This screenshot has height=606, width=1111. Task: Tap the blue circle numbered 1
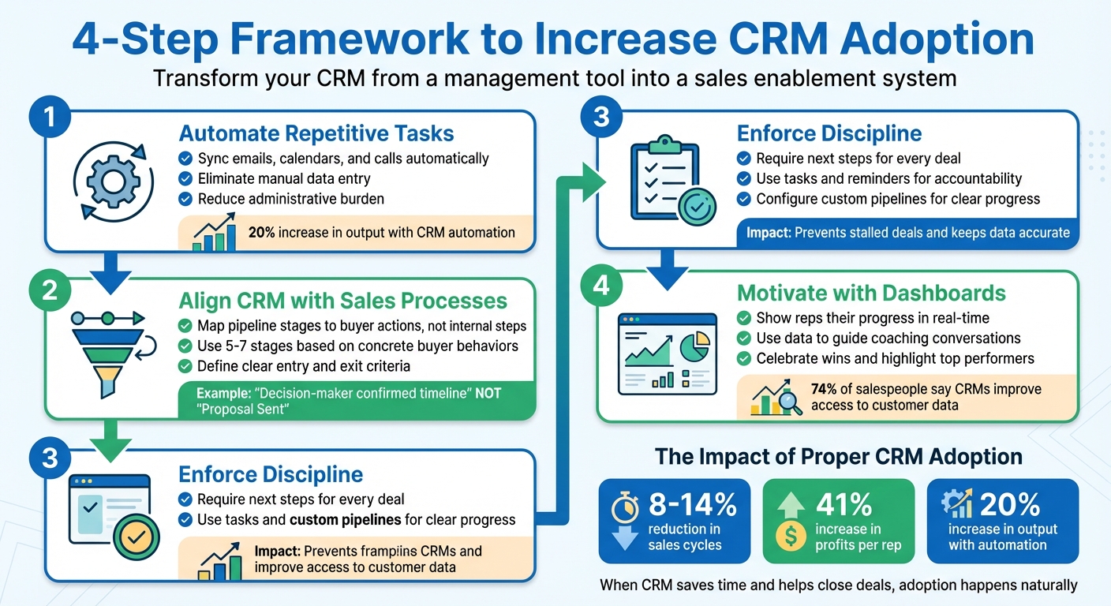click(50, 118)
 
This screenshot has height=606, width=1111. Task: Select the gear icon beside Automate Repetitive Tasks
click(111, 182)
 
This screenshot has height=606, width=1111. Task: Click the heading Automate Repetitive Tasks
click(316, 133)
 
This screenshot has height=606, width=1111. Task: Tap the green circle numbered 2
click(50, 290)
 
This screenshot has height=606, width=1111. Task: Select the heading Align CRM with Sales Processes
click(342, 301)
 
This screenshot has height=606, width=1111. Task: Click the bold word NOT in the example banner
click(488, 393)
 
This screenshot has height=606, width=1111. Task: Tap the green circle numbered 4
click(602, 285)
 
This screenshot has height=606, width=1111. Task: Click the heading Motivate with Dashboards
click(871, 294)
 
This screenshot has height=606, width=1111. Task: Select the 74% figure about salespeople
click(826, 389)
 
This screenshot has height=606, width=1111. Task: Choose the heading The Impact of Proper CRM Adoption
click(839, 456)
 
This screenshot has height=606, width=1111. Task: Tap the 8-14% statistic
click(692, 504)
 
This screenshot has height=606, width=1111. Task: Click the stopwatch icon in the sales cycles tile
click(624, 506)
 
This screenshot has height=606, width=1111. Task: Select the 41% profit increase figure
click(844, 504)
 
